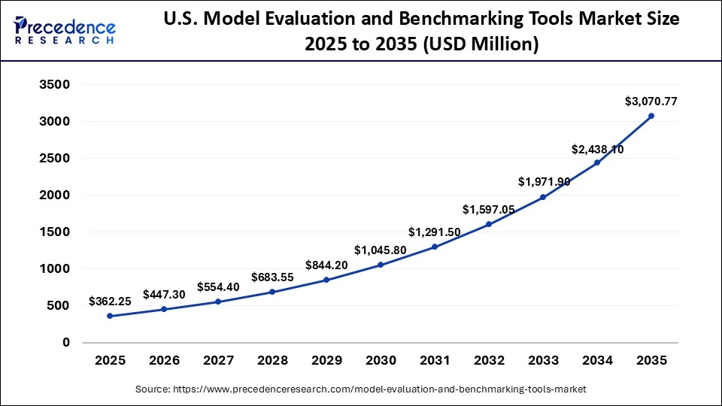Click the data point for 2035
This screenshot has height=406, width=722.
pos(651,116)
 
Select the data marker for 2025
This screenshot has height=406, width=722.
pos(110,316)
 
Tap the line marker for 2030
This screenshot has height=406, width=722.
pos(381,265)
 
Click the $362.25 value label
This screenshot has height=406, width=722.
pos(110,301)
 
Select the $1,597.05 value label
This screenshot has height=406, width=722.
pos(489,210)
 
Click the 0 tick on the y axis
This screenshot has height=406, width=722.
pos(65,343)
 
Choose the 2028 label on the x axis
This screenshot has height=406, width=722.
pos(272,361)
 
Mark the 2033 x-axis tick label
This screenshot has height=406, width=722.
pos(543,361)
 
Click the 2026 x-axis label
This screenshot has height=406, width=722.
pos(164,361)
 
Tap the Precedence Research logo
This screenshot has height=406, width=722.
pos(65,30)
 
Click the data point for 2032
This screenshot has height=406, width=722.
pos(489,224)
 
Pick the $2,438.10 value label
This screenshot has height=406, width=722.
pos(597,149)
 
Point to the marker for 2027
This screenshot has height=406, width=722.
pos(218,301)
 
